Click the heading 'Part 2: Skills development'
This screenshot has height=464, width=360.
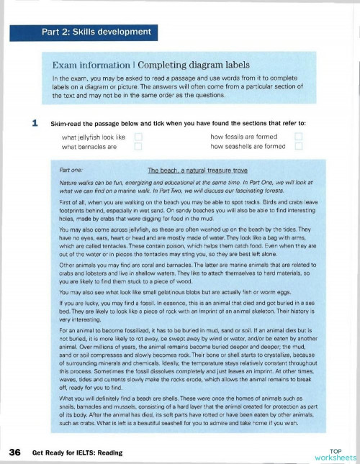click(105, 32)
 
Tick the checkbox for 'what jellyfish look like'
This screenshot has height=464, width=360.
click(138, 136)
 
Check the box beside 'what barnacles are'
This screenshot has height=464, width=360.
click(138, 146)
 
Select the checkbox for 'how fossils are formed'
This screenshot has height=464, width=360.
click(300, 136)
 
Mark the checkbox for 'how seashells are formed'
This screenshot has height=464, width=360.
click(300, 146)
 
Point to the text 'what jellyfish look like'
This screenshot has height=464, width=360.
click(94, 136)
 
